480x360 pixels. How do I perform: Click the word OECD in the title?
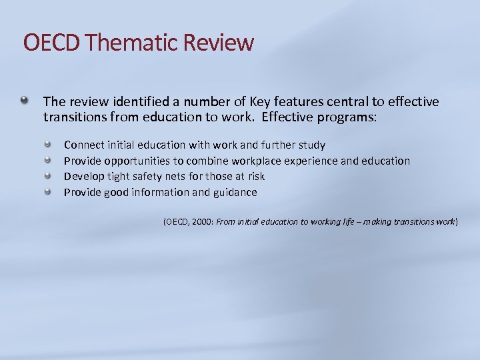point(52,43)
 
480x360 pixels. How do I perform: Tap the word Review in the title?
point(219,43)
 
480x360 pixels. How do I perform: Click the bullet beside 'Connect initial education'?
point(48,144)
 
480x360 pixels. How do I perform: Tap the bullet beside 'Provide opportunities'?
point(48,160)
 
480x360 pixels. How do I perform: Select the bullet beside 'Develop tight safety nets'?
point(48,176)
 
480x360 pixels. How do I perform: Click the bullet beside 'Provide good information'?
point(48,192)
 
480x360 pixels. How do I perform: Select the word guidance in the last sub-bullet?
point(234,193)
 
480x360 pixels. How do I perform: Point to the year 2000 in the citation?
point(202,222)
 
